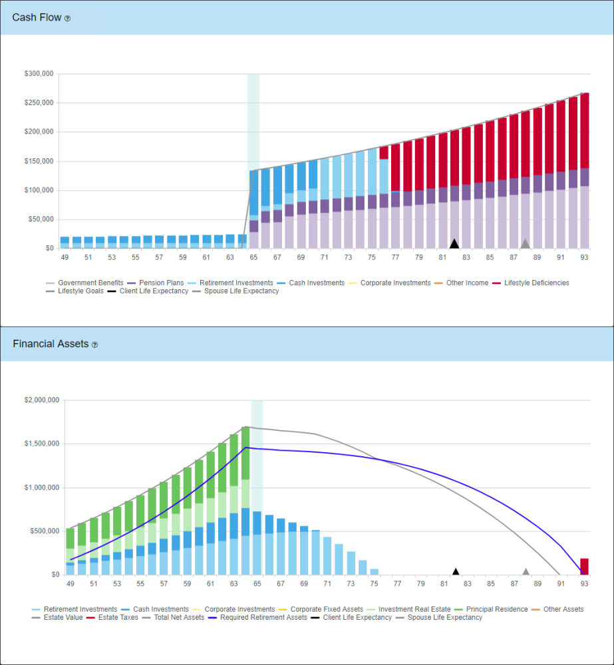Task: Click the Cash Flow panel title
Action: coord(37,18)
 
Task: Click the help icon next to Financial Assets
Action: coord(94,345)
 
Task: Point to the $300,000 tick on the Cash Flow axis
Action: coord(39,74)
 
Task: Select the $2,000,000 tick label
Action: coord(41,400)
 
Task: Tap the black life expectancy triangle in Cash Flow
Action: coord(454,243)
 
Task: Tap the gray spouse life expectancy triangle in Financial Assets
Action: coord(526,571)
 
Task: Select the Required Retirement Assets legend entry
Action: coord(253,618)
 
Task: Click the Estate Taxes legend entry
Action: coord(113,618)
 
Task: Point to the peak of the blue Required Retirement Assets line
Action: coord(245,448)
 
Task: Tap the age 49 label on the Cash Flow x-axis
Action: coord(65,257)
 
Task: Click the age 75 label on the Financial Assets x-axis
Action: coord(374,583)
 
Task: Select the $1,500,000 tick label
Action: coord(41,444)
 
